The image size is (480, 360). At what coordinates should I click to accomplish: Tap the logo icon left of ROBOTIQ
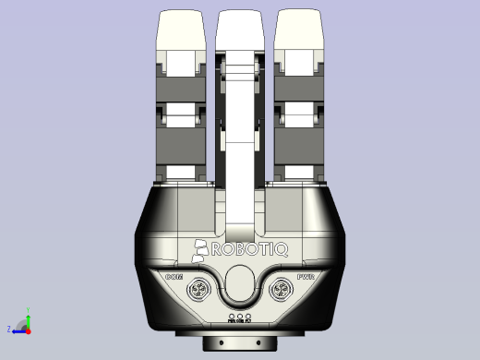[202, 248]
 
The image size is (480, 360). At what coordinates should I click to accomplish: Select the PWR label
[306, 276]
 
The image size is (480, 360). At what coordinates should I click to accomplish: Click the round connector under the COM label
[200, 293]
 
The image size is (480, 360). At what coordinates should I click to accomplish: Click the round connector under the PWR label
[280, 293]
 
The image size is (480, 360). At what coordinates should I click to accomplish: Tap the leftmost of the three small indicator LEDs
[231, 317]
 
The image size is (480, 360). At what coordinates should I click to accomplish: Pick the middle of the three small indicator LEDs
[240, 317]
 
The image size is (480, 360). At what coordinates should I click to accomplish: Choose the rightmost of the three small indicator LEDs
[249, 317]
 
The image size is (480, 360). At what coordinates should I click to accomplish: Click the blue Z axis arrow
[18, 329]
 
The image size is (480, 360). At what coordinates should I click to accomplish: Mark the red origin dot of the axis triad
[28, 329]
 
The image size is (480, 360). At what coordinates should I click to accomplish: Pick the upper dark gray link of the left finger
[182, 88]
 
